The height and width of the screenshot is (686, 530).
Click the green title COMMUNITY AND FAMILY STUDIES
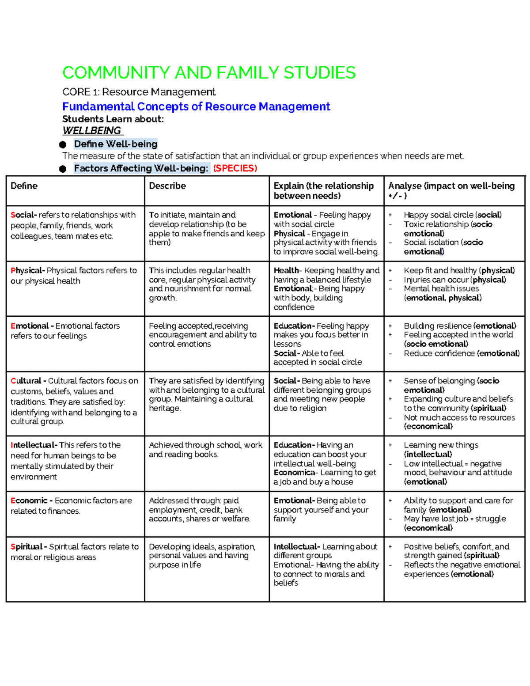pos(209,73)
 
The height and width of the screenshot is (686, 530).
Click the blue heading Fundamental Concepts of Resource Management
pos(196,106)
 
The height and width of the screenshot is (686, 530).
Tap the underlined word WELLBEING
pos(92,131)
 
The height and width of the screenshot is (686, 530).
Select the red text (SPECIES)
pos(235,168)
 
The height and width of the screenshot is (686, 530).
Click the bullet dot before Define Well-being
pos(63,144)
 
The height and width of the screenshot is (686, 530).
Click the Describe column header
pos(167,186)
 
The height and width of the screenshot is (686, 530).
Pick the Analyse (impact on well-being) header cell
pos(451,190)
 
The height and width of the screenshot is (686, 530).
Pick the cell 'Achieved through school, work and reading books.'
pos(205,450)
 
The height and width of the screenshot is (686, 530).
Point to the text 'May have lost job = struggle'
pos(454,519)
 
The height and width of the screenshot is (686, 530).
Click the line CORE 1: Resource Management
pos(139,92)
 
